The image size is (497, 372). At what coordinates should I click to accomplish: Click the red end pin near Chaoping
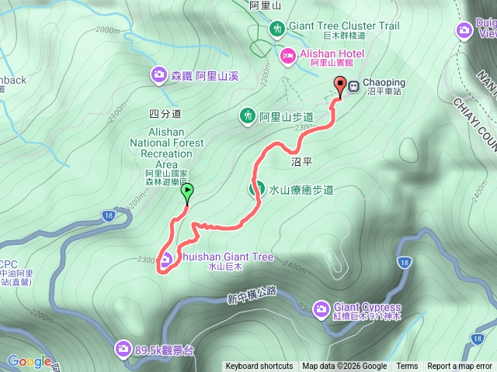point(339,85)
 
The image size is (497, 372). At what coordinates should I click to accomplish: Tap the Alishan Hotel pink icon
point(287,54)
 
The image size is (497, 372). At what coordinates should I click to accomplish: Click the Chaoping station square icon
point(353,85)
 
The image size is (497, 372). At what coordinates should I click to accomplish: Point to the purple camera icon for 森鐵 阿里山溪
point(158,74)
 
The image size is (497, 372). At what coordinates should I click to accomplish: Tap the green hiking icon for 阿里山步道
point(248,116)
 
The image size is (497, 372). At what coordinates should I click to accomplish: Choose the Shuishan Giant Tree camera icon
point(165,259)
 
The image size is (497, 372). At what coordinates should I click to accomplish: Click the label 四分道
point(164,114)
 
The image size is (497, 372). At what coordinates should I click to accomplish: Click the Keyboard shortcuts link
point(259,367)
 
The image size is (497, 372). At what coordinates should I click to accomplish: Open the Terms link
point(407,367)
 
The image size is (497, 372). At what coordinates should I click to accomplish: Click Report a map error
point(460,367)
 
